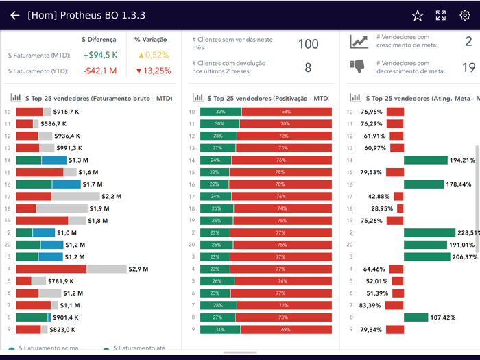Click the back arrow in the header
pos(14,15)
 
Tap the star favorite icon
pos(418,15)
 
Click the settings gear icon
pos(465,15)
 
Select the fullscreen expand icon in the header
pos(441,15)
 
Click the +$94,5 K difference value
pos(100,55)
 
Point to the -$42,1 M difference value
pos(100,71)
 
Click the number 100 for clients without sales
pos(308,45)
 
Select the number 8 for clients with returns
pos(308,67)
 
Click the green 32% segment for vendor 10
pos(220,112)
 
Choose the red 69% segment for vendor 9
pos(286,330)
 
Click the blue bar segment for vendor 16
pos(66,184)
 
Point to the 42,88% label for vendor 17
pos(381,196)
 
